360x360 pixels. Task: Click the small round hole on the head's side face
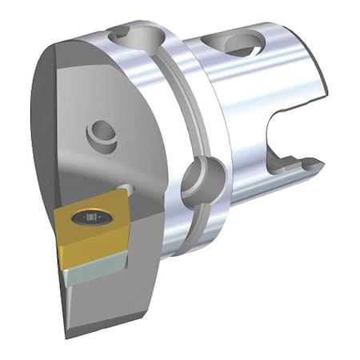(x=101, y=130)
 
